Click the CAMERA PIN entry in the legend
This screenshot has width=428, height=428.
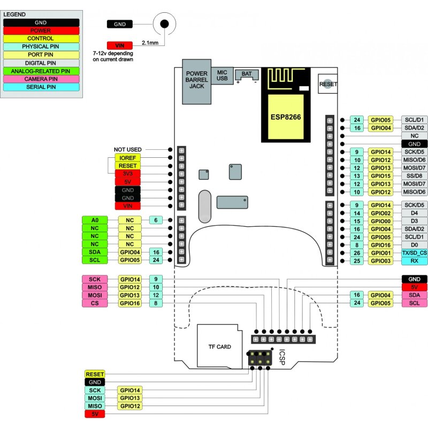[x=41, y=79]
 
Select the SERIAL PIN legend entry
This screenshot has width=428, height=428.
[x=41, y=87]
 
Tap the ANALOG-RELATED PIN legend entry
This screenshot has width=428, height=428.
[x=41, y=71]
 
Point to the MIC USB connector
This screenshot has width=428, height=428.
[x=222, y=75]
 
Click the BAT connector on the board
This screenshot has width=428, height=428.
[x=247, y=75]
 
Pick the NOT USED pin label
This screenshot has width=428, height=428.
[x=128, y=149]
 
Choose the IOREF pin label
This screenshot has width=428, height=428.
[x=128, y=158]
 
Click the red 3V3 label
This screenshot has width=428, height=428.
[x=128, y=174]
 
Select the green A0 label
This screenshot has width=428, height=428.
[x=94, y=220]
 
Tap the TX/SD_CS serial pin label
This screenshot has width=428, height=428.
[x=414, y=253]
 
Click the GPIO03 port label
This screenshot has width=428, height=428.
[x=382, y=261]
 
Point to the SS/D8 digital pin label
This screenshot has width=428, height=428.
[x=414, y=176]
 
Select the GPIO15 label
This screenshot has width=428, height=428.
[x=382, y=176]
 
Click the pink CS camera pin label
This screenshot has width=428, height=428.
[x=94, y=303]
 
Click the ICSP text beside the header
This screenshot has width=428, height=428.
[x=282, y=357]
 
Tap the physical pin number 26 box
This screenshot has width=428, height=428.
[x=357, y=253]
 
